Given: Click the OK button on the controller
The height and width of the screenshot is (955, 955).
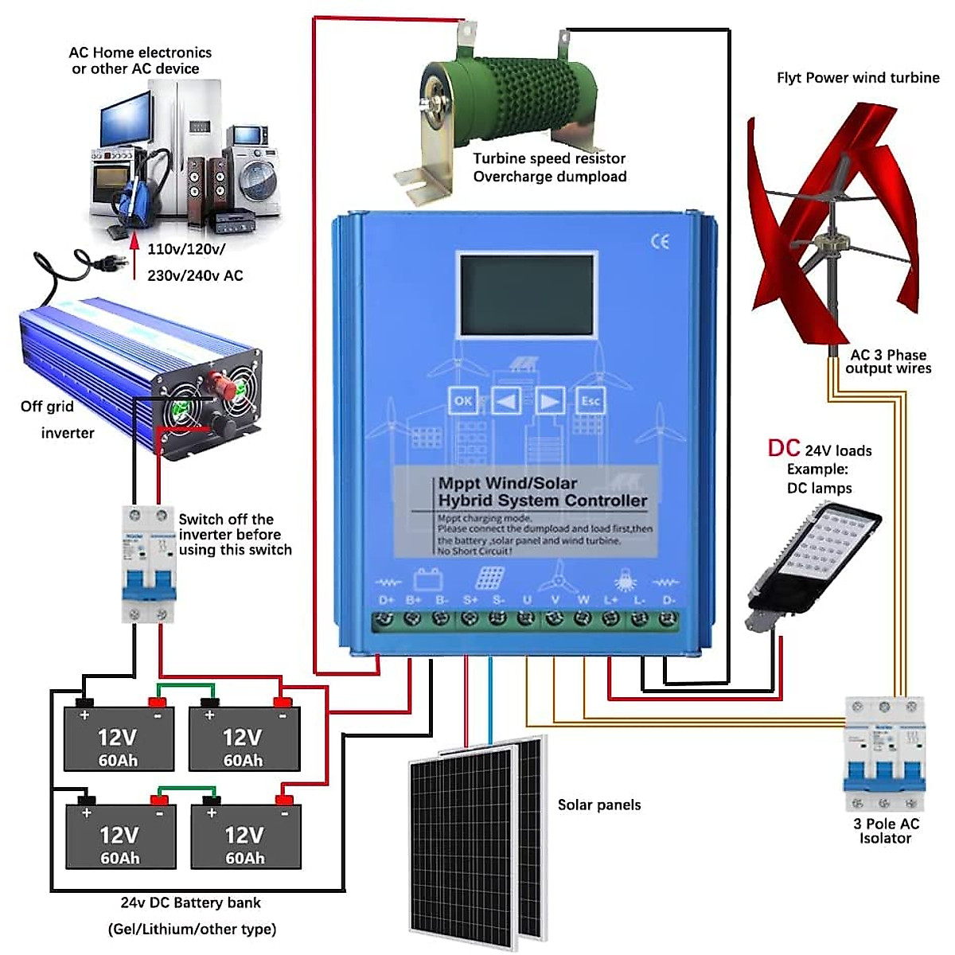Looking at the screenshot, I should coord(463,401).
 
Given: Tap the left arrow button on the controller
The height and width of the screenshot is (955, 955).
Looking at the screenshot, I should coord(506,401).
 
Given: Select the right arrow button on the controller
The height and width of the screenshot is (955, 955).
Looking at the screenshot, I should coord(548,401).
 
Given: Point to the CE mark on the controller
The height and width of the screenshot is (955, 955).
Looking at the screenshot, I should coord(660,242).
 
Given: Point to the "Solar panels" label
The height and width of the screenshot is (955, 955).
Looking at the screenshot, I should coord(598,805).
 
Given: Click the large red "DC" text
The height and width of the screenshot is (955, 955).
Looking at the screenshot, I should coord(783,448).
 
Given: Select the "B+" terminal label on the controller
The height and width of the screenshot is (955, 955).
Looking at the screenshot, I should coord(414,599).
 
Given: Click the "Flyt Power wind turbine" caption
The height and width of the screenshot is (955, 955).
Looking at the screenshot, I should coord(857,78).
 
